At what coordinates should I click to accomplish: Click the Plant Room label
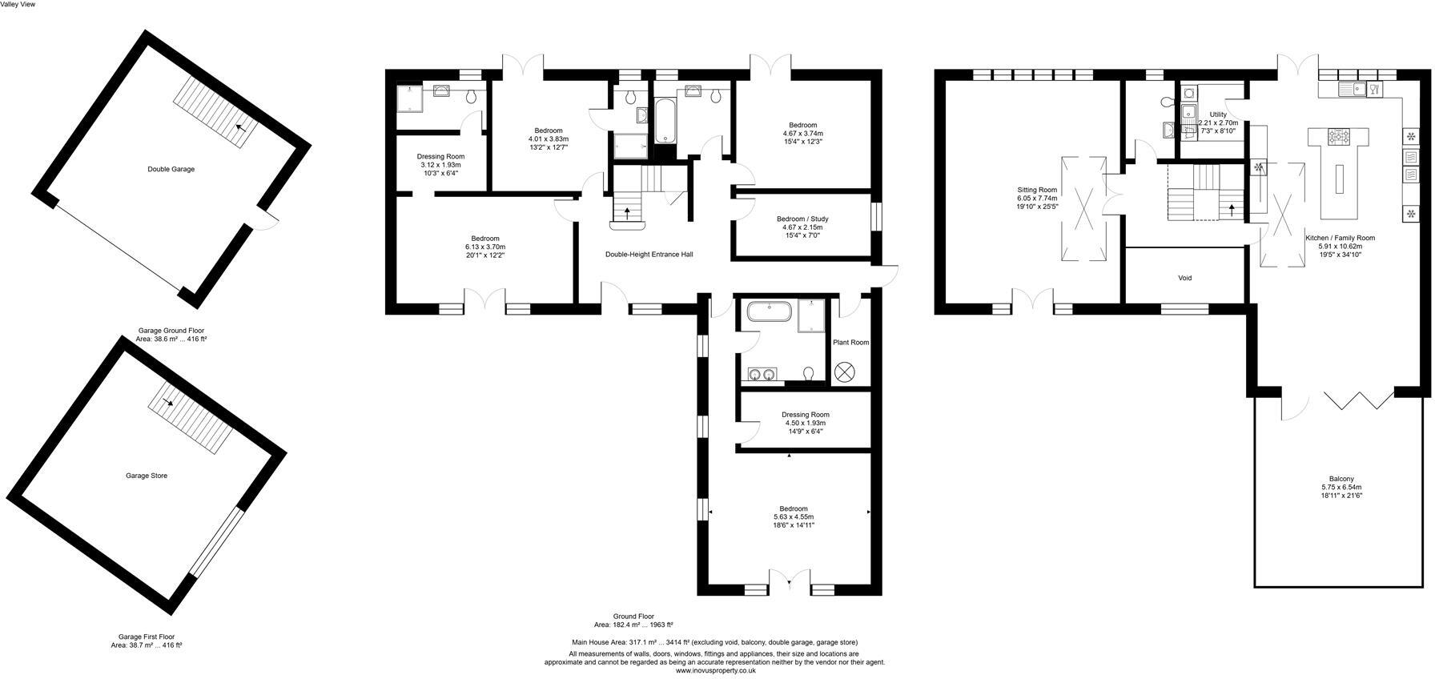(850, 342)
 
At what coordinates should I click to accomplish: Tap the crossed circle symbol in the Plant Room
(845, 372)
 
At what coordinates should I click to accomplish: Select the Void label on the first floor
(1184, 278)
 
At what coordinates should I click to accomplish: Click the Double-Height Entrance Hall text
(649, 254)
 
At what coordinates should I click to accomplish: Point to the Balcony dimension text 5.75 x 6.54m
(1341, 487)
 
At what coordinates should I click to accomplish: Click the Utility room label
(1217, 115)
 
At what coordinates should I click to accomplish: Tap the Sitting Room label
(1037, 190)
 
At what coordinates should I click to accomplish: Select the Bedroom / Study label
(802, 219)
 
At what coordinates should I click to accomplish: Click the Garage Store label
(146, 476)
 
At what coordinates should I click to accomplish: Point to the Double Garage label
(171, 169)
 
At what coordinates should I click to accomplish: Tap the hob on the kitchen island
(1339, 137)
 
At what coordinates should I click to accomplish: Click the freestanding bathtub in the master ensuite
(769, 313)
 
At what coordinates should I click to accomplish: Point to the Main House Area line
(713, 642)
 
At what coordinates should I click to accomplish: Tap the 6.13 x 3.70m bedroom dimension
(485, 247)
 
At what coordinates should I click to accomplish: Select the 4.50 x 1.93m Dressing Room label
(805, 423)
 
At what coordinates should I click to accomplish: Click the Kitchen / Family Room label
(1341, 238)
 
